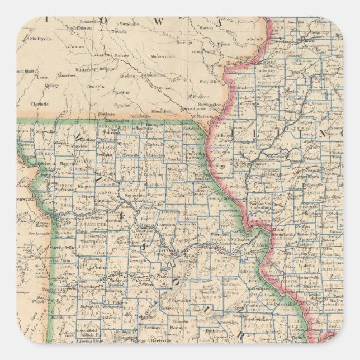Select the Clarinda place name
point(40,104)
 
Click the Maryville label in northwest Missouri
point(44,132)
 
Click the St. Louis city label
point(260,244)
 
